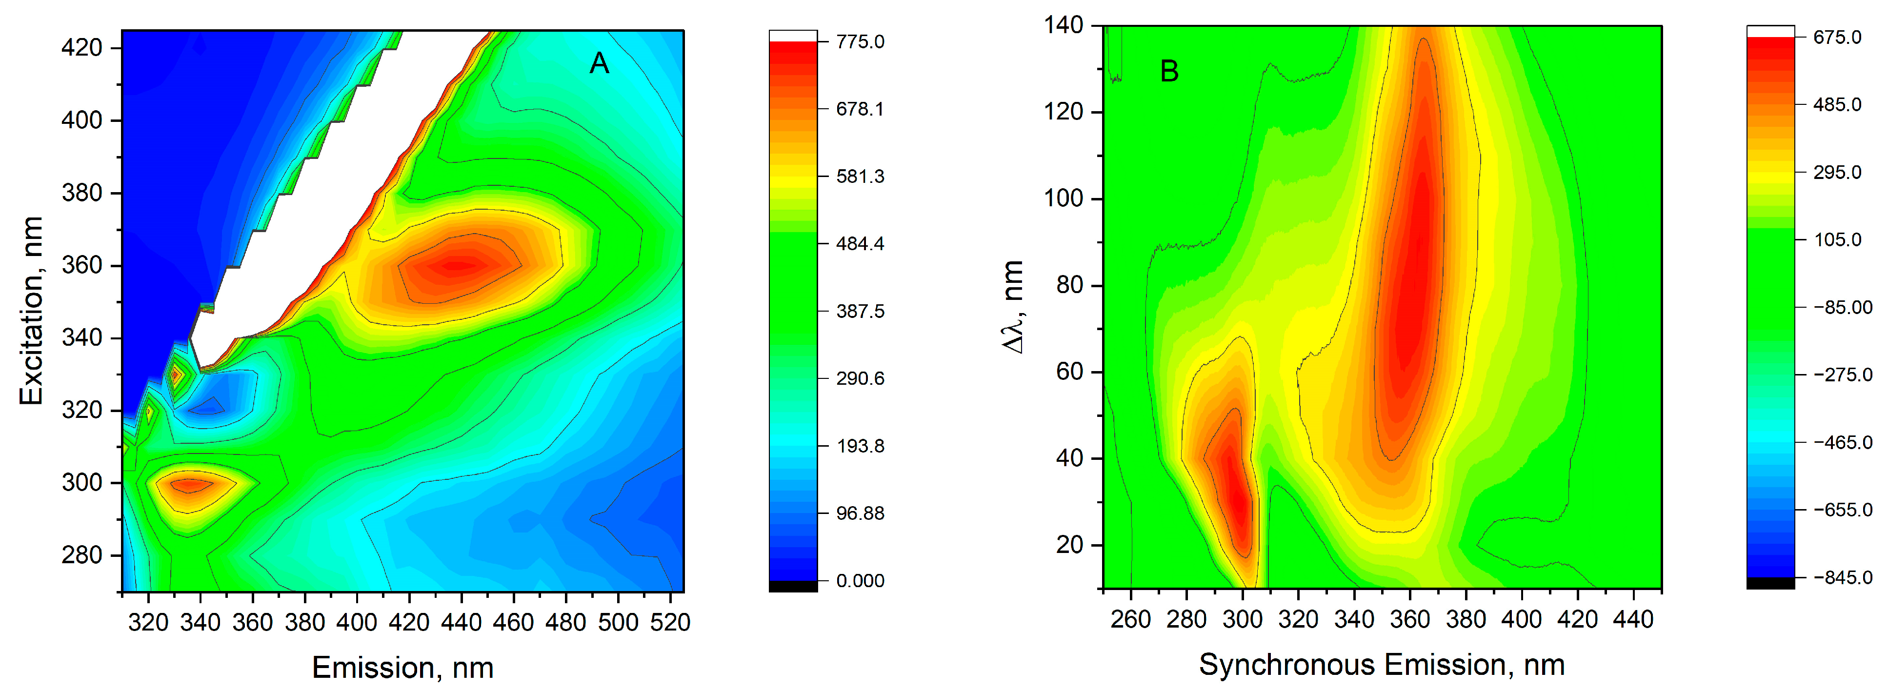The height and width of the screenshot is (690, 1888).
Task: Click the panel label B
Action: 1169,72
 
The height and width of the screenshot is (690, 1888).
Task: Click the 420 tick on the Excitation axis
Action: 81,48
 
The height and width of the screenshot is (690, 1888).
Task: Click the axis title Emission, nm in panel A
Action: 402,667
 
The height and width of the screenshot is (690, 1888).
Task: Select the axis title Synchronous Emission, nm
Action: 1382,664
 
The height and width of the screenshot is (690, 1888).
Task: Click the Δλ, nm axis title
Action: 1013,306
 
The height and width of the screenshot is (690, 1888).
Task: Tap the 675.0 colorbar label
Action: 1837,38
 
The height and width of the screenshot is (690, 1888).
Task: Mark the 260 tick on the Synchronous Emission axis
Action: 1130,619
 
